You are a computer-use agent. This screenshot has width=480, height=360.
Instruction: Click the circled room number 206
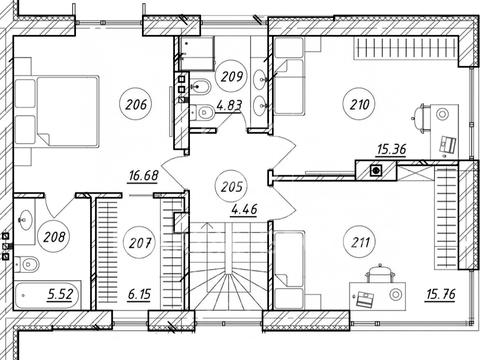coord(136,105)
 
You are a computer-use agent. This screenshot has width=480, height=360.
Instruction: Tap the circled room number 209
coord(231,76)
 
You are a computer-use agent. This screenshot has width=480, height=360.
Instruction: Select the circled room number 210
coord(360,104)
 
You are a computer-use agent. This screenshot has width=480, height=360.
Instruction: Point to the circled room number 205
coord(231,187)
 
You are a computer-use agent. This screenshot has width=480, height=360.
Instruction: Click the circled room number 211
coord(360,242)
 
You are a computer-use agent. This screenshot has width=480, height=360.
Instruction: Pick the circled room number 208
coord(54,237)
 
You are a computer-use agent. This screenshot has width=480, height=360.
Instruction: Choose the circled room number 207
coord(139,242)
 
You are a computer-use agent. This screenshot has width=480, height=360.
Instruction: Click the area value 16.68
coord(143,175)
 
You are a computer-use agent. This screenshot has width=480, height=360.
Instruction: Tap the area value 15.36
coord(391,149)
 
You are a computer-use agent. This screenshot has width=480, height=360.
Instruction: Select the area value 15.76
coord(441,294)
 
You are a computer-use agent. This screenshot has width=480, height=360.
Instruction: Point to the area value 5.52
coord(60,294)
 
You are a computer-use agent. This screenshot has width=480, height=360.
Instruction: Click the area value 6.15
coord(139,294)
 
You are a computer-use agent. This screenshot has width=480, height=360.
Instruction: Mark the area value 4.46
coord(244,209)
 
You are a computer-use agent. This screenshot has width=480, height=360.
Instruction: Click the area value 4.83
coord(229,105)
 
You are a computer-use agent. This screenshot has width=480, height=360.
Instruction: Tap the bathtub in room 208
coord(48,294)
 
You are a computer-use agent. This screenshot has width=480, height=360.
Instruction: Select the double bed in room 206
coord(57,111)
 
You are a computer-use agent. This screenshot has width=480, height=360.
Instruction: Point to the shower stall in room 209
coord(197,53)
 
